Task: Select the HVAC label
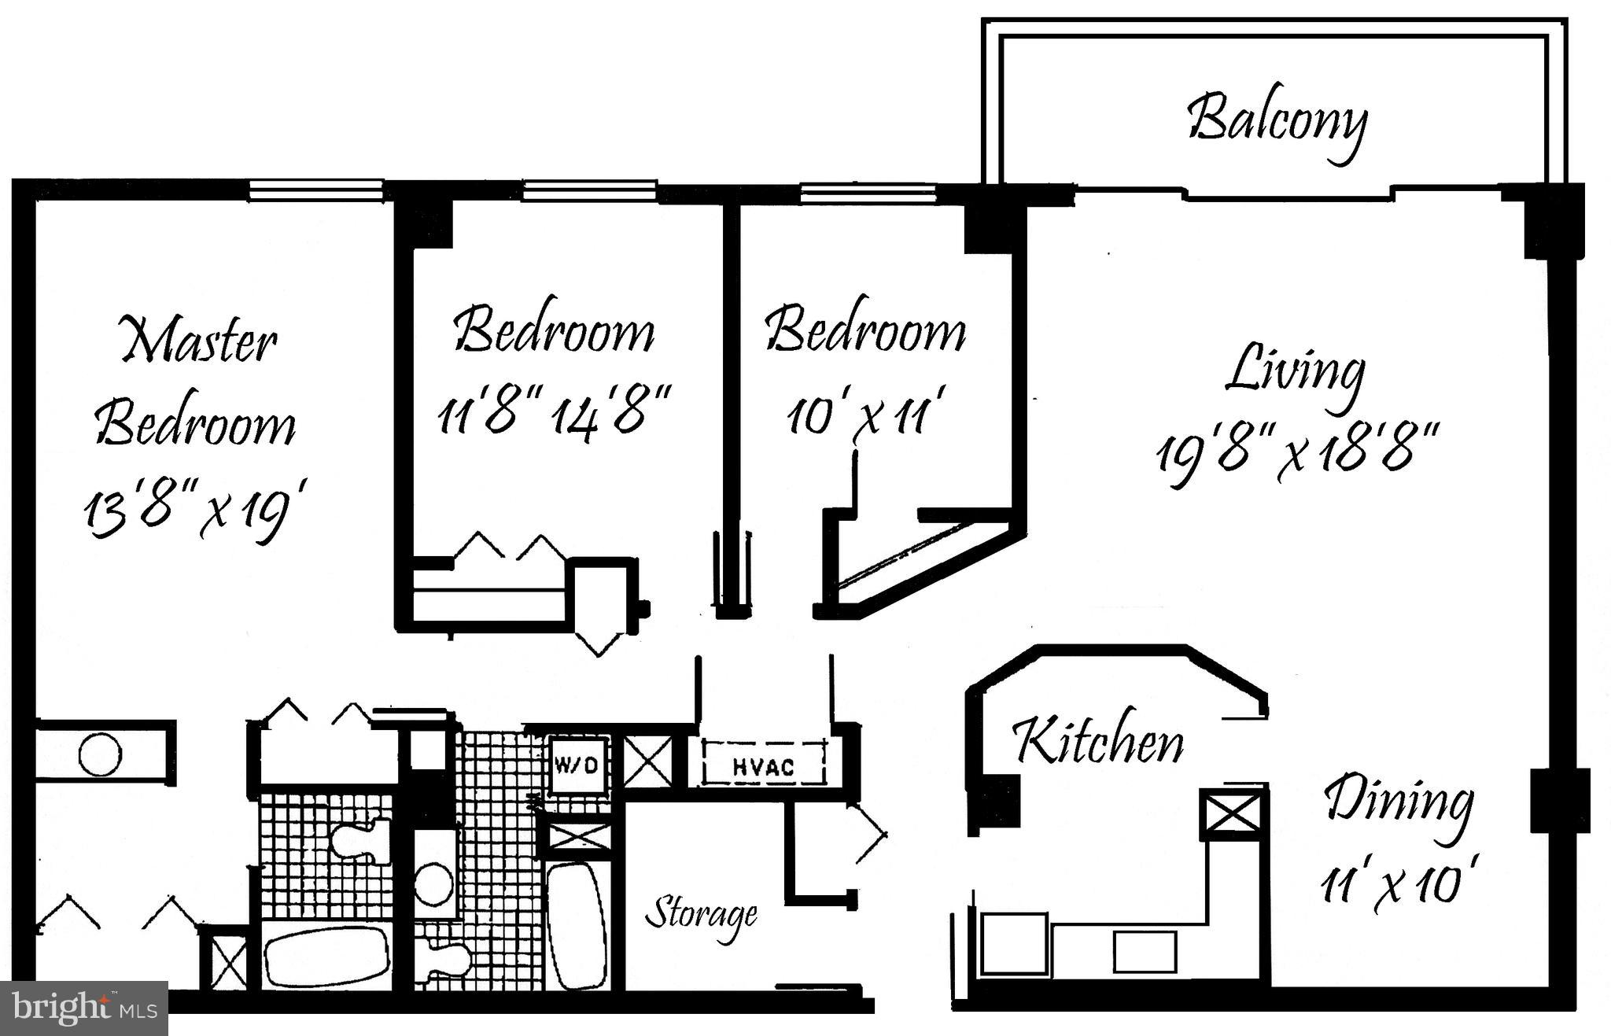(763, 765)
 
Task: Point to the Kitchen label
(1098, 739)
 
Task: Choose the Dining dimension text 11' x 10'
(1393, 885)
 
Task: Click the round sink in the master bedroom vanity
(101, 754)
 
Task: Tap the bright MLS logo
(84, 1007)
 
